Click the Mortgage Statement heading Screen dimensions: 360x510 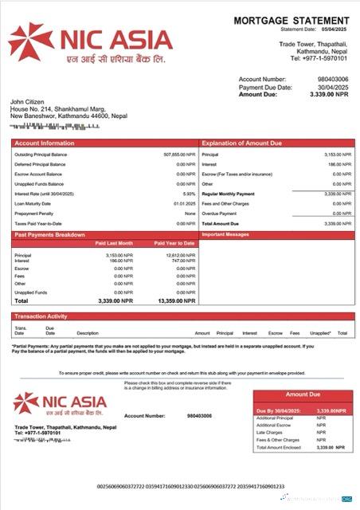coord(293,20)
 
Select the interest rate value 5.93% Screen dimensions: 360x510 coord(189,194)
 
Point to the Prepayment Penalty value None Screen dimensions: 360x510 coord(190,214)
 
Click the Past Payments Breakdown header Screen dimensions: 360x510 coord(49,235)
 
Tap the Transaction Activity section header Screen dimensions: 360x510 coord(41,317)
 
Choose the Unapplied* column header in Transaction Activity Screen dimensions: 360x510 coord(320,333)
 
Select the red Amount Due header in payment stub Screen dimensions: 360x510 coord(302,394)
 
